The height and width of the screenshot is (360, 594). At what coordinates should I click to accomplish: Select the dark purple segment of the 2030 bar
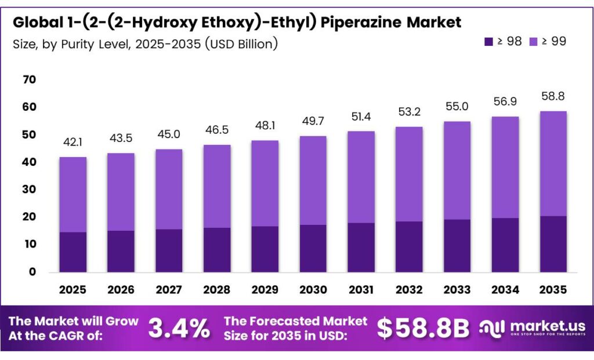point(313,248)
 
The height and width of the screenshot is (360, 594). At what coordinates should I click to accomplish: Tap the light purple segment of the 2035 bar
point(553,163)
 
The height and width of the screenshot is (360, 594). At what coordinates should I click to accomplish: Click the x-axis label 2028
point(217,289)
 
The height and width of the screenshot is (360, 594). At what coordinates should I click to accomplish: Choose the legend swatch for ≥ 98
point(488,41)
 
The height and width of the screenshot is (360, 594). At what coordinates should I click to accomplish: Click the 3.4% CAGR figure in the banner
point(179,329)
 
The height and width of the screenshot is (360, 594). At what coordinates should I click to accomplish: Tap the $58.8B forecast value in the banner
point(423,329)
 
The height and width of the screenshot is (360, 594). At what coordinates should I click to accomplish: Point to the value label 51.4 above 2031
point(361,117)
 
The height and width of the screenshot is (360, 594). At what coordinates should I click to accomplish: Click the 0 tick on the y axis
point(32,271)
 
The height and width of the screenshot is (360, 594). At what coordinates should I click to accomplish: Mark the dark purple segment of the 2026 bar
point(121,251)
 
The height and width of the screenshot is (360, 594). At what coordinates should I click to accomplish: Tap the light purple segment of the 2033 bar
point(457,170)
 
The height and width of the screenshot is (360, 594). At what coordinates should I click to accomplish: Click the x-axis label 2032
point(409,289)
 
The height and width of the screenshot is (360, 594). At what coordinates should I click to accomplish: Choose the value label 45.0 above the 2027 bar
point(169,134)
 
